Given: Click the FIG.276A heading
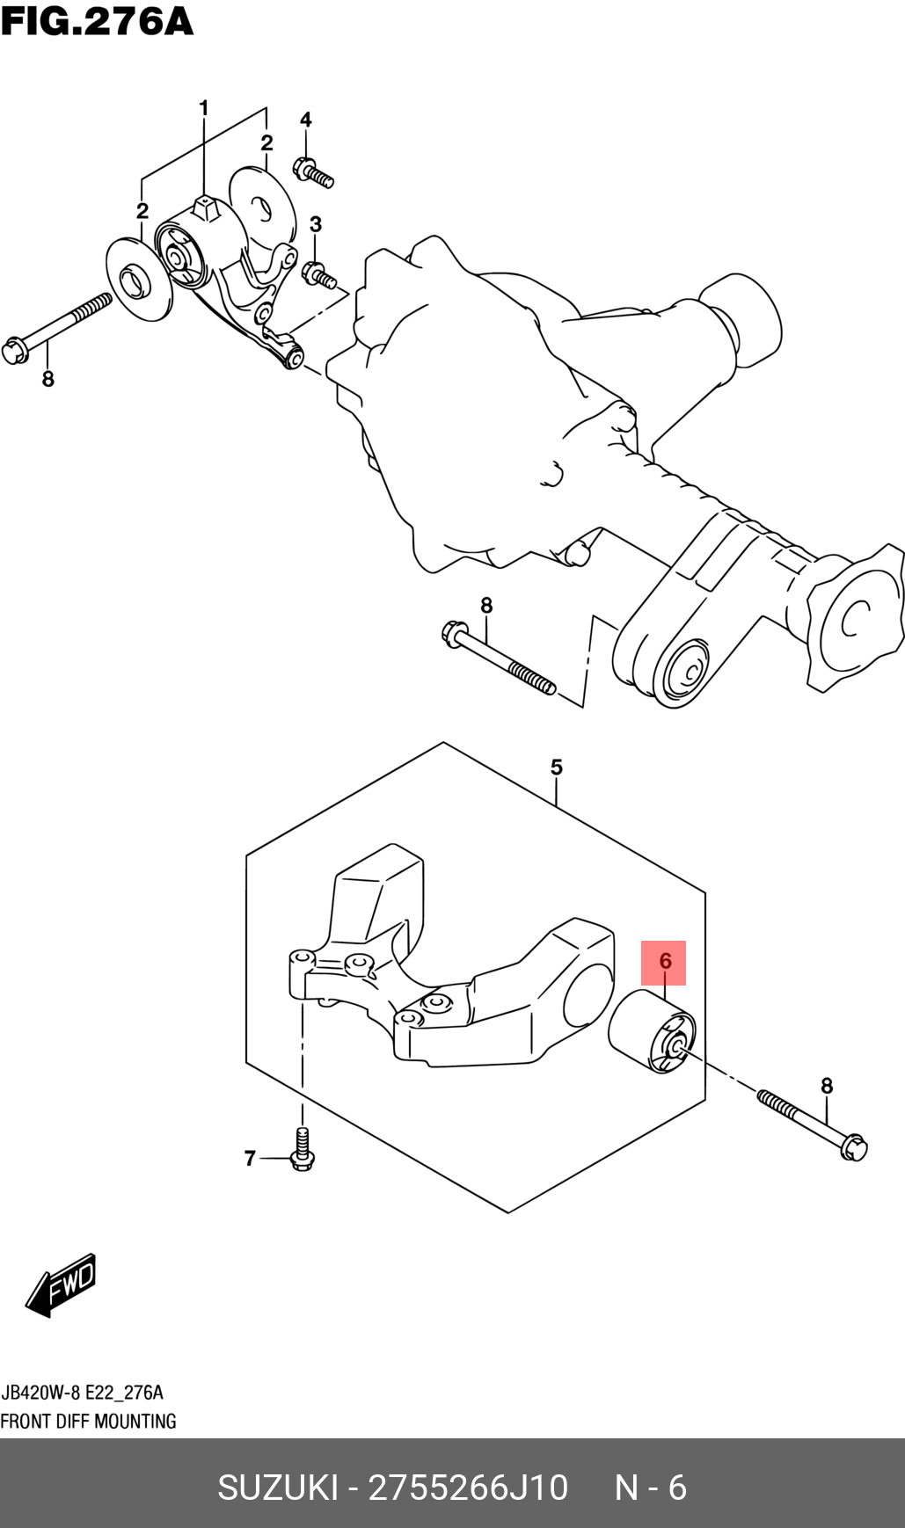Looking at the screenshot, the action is [97, 21].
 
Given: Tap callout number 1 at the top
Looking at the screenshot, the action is [204, 108].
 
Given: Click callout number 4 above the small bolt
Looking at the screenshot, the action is [306, 120].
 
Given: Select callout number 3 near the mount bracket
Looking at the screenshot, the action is [315, 224].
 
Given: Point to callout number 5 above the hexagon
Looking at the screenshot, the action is [556, 768].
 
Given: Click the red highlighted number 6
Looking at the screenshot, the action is [664, 962].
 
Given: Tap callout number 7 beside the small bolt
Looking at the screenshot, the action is [250, 1159].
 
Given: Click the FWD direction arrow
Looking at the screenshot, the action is [61, 1284].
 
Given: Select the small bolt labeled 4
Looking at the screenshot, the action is [313, 171].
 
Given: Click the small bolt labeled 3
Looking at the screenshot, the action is [319, 276].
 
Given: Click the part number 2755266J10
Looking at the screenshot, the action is [468, 1487].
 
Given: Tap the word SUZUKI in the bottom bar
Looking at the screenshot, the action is [277, 1487].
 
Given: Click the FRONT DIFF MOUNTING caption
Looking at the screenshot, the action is [88, 1421].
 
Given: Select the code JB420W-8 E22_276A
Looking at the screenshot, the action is [82, 1393].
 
